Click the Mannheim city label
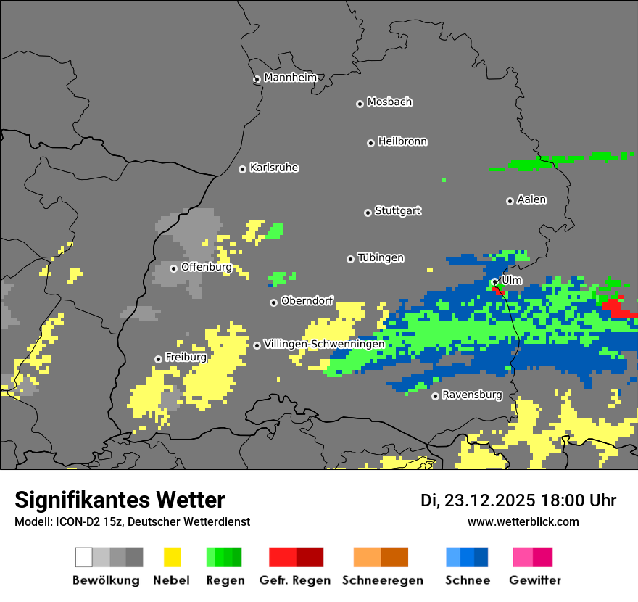pyautogui.click(x=290, y=78)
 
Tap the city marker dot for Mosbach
pyautogui.click(x=360, y=104)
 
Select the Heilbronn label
pyautogui.click(x=402, y=141)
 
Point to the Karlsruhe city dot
pyautogui.click(x=242, y=169)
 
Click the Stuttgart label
pyautogui.click(x=397, y=211)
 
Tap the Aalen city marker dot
pyautogui.click(x=510, y=201)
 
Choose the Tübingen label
pyautogui.click(x=381, y=258)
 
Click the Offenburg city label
pyautogui.click(x=206, y=267)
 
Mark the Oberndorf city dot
pyautogui.click(x=273, y=302)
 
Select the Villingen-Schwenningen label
pyautogui.click(x=324, y=344)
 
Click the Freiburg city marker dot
pyautogui.click(x=158, y=359)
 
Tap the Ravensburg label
pyautogui.click(x=472, y=395)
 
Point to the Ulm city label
pyautogui.click(x=511, y=280)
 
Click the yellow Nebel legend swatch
pyautogui.click(x=172, y=557)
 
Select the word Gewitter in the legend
pyautogui.click(x=535, y=580)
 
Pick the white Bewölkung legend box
pyautogui.click(x=84, y=557)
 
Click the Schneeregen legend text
pyautogui.click(x=382, y=580)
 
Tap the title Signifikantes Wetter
pyautogui.click(x=120, y=500)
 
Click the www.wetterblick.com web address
pyautogui.click(x=523, y=521)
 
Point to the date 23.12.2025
pyautogui.click(x=489, y=500)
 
